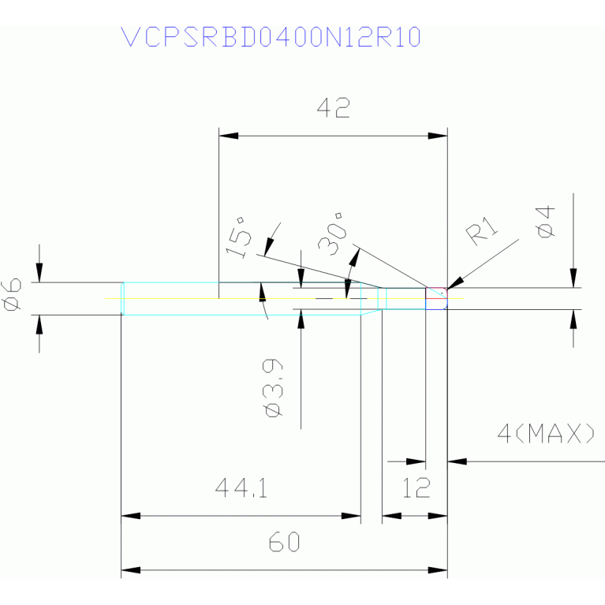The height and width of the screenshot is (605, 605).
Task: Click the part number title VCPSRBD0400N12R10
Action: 271,37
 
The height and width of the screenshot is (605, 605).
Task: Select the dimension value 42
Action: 334,107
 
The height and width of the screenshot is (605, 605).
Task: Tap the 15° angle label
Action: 239,237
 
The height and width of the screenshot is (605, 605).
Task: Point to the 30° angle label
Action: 332,233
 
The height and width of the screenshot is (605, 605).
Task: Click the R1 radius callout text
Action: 482,231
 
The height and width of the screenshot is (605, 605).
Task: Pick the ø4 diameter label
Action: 545,222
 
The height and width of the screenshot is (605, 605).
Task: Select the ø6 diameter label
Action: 11,294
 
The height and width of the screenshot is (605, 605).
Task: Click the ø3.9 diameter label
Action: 272,388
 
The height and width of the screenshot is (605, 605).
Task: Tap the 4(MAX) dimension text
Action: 546,433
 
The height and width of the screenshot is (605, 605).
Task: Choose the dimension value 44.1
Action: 241,487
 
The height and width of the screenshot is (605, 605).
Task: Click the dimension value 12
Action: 416,487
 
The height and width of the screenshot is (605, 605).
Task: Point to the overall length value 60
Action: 285,541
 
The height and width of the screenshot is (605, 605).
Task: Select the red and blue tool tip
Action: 437,298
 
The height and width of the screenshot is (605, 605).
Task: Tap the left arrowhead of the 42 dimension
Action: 229,136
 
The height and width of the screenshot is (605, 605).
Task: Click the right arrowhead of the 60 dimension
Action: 438,570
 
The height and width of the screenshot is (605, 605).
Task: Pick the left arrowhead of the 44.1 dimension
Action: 131,516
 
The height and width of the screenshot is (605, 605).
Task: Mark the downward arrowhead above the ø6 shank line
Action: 39,273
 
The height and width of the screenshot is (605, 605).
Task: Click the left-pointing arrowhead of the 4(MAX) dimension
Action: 457,461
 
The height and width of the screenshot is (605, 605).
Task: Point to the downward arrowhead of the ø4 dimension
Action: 573,278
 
